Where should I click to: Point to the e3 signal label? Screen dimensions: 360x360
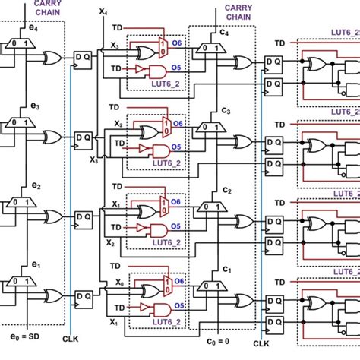coord(33,108)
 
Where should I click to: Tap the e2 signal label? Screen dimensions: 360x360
coord(33,184)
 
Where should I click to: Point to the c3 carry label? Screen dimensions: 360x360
coord(226,112)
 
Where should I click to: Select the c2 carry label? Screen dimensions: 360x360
coord(226,189)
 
